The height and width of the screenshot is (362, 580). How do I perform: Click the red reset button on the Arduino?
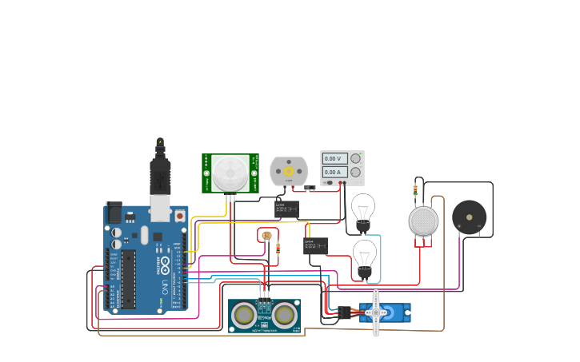coord(180,216)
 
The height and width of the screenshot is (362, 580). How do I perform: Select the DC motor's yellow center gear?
coord(288,169)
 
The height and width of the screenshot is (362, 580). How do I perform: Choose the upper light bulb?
coord(363,209)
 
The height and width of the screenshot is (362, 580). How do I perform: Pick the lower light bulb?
coord(365,256)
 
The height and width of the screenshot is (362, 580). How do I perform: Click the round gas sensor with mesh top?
coord(423,221)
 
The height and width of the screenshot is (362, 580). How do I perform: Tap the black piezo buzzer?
coord(469,217)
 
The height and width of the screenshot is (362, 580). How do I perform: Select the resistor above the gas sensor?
coord(415,189)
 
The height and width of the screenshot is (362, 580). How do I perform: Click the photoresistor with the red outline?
coord(266,235)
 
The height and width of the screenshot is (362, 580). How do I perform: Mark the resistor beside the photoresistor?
coord(277,248)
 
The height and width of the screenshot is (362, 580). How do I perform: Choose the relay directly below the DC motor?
coord(286,209)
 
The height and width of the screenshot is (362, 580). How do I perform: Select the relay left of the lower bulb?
coord(315,245)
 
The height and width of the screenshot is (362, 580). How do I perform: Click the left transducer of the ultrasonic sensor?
coord(245,316)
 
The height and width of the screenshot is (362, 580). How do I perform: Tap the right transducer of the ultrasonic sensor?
coord(284,316)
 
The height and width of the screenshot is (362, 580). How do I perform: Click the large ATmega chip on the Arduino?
coord(128,279)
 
